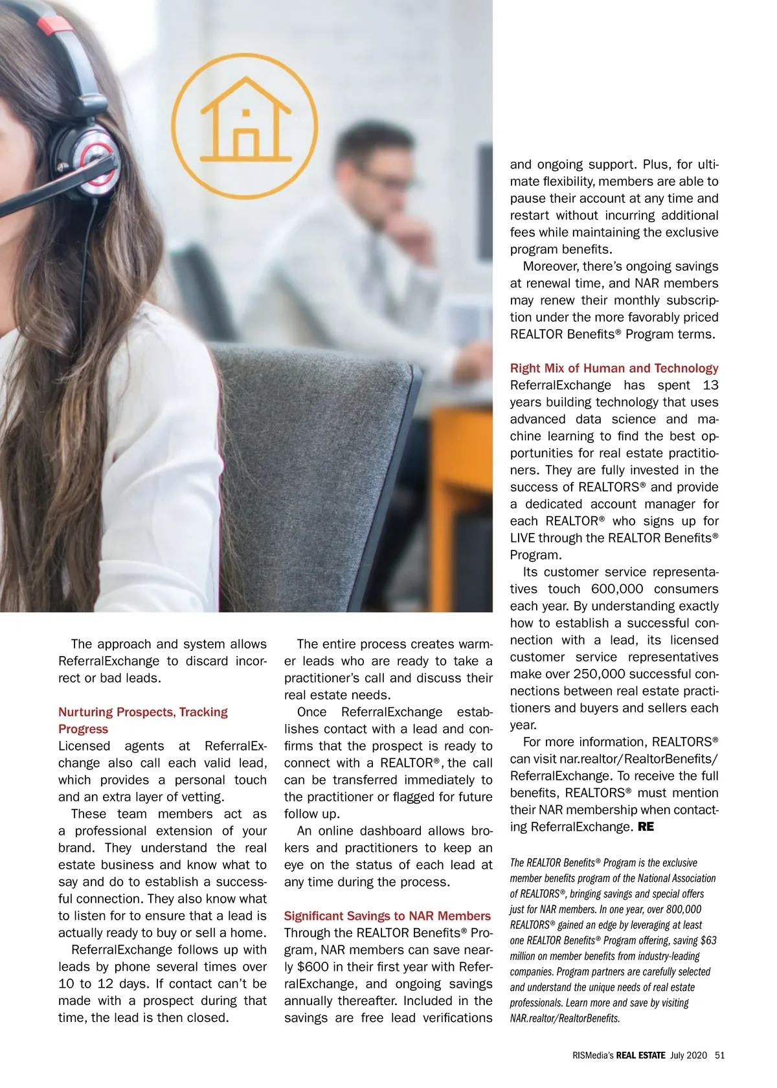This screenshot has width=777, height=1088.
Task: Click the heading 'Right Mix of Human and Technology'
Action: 614,368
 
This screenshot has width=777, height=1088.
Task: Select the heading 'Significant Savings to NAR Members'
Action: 387,916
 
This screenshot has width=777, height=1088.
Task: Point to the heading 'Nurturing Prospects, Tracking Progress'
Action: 142,720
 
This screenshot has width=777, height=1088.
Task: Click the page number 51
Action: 719,1055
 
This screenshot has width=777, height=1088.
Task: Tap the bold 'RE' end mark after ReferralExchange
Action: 646,827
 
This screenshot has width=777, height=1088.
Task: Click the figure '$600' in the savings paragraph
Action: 313,967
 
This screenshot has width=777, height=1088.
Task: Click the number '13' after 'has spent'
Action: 710,385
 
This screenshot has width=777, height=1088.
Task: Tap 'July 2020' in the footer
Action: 688,1055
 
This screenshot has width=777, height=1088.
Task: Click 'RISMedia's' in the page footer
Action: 592,1055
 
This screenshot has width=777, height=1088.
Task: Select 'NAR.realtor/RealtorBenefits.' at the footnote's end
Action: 565,1018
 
